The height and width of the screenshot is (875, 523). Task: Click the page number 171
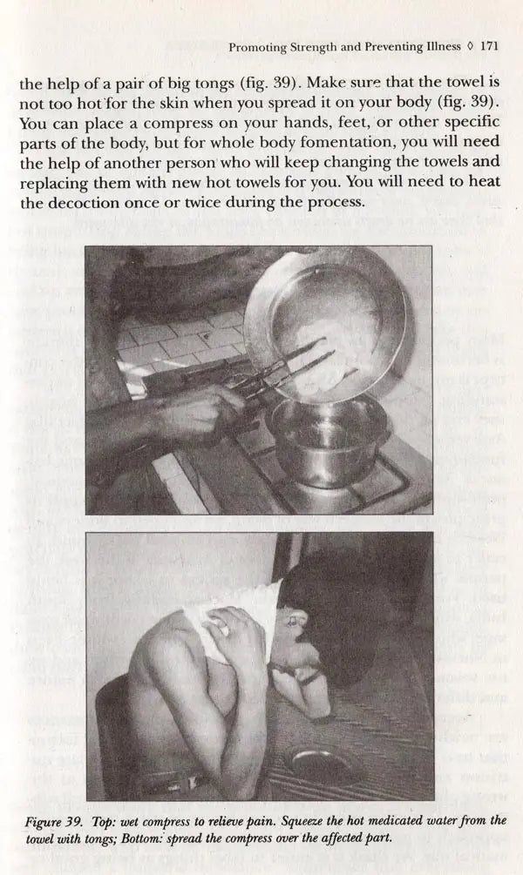click(x=489, y=47)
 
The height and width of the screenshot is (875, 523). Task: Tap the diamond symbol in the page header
click(x=470, y=47)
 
